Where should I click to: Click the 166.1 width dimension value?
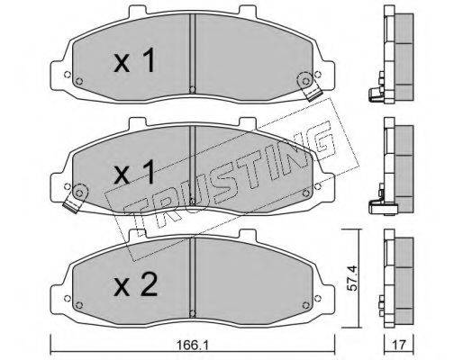tap(192, 345)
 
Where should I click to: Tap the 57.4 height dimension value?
tap(352, 278)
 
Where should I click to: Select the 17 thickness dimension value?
tap(399, 345)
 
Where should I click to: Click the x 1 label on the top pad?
tap(134, 60)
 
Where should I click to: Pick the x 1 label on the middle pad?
tap(134, 172)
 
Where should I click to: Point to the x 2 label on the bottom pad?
tap(135, 284)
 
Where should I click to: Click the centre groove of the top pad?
tap(193, 53)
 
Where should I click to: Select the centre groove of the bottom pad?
tap(193, 276)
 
